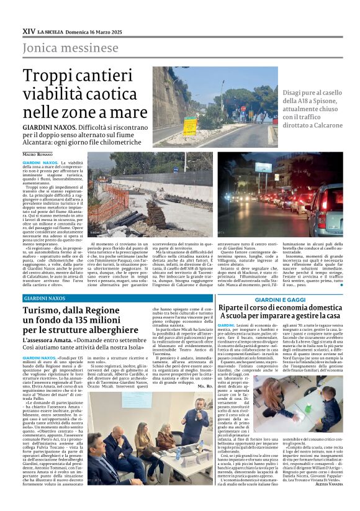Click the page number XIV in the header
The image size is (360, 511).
point(29,30)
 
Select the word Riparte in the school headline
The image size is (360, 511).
point(234,309)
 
